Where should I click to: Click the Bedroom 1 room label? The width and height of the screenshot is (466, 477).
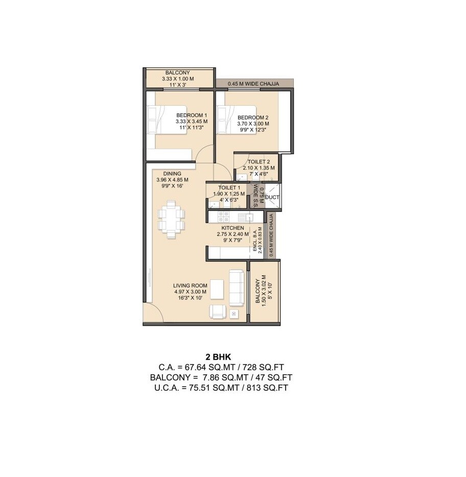(191, 115)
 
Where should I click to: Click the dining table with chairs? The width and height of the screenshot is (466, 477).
(172, 219)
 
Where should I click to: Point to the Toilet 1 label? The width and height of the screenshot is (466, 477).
(225, 188)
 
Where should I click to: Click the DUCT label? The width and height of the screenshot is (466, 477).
(272, 197)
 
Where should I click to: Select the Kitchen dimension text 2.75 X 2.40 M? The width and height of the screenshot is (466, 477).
(232, 234)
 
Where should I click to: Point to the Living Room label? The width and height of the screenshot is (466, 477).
(190, 285)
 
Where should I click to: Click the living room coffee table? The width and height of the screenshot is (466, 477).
(217, 290)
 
